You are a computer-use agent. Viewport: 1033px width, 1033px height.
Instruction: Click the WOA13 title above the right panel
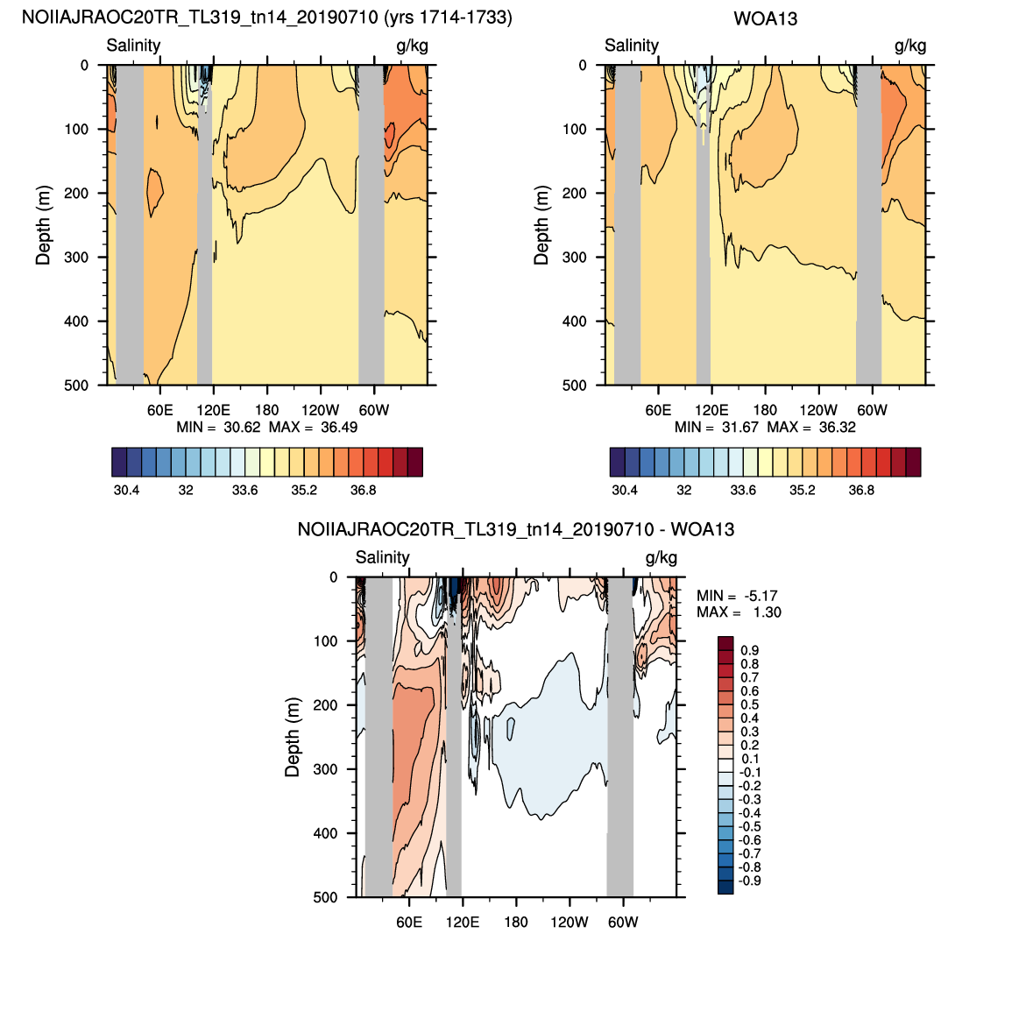(765, 18)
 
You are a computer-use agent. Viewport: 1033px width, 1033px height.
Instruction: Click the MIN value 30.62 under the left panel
(242, 427)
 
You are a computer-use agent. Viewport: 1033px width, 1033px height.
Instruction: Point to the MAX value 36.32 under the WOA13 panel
(837, 427)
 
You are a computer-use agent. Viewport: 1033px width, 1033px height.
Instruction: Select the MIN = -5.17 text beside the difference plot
(739, 596)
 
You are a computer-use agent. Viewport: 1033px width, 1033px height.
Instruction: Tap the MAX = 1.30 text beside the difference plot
(739, 612)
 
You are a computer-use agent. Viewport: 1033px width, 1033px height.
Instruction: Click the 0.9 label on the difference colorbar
(750, 650)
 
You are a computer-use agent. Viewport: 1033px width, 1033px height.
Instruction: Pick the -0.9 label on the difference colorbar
(749, 881)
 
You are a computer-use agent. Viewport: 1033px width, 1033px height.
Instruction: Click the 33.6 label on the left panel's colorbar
(244, 490)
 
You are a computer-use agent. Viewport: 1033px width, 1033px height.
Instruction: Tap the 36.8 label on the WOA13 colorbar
(861, 490)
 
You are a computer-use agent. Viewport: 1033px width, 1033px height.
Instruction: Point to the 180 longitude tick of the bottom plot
(516, 922)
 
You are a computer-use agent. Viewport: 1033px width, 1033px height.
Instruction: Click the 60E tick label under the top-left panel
(159, 410)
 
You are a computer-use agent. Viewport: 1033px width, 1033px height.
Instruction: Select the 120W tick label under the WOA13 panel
(818, 410)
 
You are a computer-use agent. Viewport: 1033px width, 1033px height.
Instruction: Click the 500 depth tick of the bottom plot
(325, 897)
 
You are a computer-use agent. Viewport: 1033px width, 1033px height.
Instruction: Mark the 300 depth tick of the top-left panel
(75, 257)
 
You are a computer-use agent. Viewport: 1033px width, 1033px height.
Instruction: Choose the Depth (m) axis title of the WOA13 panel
(541, 225)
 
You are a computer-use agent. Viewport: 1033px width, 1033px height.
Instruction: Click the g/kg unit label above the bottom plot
(661, 557)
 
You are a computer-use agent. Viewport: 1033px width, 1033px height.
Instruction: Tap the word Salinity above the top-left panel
(133, 45)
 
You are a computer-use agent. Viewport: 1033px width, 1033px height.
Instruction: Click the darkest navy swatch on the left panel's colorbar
(119, 462)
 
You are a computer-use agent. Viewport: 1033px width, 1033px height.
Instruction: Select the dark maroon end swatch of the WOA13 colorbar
(913, 462)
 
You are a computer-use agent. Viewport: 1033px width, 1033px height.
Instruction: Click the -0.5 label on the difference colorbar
(749, 826)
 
